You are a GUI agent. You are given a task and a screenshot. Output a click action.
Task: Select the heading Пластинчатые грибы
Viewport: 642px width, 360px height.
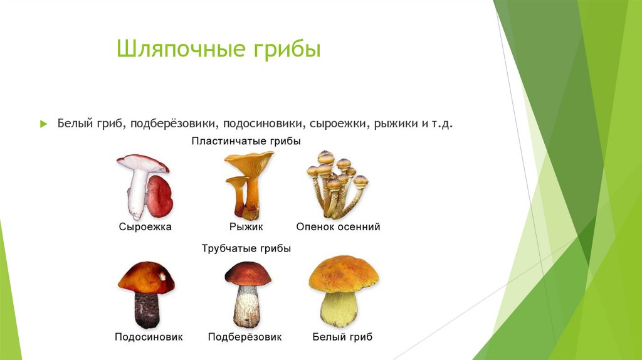(x=246, y=142)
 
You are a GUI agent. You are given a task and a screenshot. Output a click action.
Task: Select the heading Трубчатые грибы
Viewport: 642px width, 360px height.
(x=246, y=248)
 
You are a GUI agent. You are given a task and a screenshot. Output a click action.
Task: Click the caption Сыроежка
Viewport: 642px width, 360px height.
(x=145, y=227)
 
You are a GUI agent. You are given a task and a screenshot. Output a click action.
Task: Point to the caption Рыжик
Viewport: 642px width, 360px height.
(x=246, y=227)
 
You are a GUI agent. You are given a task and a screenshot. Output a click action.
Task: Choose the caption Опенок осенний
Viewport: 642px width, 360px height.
(x=338, y=227)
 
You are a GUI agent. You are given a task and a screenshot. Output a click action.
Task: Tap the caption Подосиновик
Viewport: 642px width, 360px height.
(x=149, y=337)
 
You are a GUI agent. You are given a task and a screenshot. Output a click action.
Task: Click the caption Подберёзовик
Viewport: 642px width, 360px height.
(x=245, y=337)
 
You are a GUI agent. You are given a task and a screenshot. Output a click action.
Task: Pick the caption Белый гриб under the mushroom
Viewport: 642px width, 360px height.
(x=342, y=337)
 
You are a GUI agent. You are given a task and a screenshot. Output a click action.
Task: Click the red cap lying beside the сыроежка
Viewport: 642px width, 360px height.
(x=160, y=196)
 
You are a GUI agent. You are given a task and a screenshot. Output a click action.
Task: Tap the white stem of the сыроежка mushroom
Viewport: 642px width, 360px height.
(x=137, y=194)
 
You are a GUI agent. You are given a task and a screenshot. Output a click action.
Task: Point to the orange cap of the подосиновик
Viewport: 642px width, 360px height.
(x=145, y=277)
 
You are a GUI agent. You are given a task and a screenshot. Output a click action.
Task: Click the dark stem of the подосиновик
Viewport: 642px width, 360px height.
(x=147, y=310)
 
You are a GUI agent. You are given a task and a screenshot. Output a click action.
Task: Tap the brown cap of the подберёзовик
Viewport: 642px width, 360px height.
(x=248, y=273)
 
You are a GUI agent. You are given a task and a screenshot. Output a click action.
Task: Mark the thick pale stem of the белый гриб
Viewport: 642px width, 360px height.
(x=339, y=309)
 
